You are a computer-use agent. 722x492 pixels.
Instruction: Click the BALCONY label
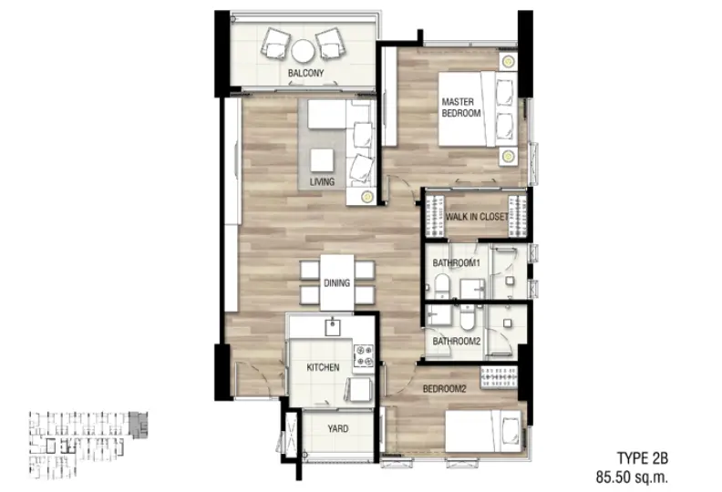pyautogui.click(x=305, y=73)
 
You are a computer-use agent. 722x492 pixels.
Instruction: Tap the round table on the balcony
pyautogui.click(x=303, y=51)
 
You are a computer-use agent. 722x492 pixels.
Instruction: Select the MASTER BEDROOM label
pyautogui.click(x=461, y=108)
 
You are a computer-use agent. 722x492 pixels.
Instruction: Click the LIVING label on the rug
pyautogui.click(x=322, y=182)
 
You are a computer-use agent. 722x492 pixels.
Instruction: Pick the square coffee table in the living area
pyautogui.click(x=322, y=160)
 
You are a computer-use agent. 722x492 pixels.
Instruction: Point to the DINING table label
pyautogui.click(x=336, y=283)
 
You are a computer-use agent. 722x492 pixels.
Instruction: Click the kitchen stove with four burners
pyautogui.click(x=364, y=355)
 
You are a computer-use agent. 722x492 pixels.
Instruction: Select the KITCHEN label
pyautogui.click(x=323, y=367)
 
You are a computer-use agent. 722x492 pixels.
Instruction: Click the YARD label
pyautogui.click(x=337, y=429)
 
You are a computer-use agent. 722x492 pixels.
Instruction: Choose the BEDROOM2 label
pyautogui.click(x=444, y=389)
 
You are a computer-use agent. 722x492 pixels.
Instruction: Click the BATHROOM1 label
pyautogui.click(x=457, y=262)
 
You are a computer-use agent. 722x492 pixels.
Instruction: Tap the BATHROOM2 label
pyautogui.click(x=457, y=342)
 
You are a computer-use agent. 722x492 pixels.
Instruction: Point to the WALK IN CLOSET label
pyautogui.click(x=477, y=216)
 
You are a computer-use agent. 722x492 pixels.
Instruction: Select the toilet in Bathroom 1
pyautogui.click(x=441, y=286)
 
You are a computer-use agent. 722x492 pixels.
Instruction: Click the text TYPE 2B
pyautogui.click(x=643, y=458)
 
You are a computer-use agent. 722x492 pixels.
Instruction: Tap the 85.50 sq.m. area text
pyautogui.click(x=632, y=477)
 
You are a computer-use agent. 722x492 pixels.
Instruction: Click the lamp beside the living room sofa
pyautogui.click(x=366, y=197)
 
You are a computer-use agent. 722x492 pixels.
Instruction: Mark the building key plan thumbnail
pyautogui.click(x=88, y=445)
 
